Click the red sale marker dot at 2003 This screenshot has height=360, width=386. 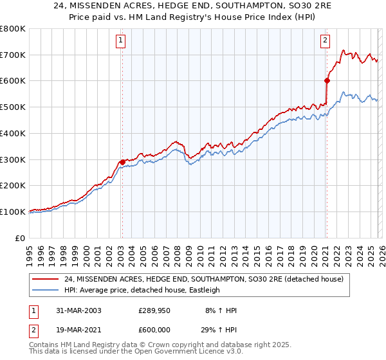point(122,162)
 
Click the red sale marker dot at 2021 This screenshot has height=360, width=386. point(327,80)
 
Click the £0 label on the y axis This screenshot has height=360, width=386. point(20,238)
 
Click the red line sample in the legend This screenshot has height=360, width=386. point(46,280)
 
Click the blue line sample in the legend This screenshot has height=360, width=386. point(46,290)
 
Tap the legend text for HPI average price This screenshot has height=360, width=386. point(142,290)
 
